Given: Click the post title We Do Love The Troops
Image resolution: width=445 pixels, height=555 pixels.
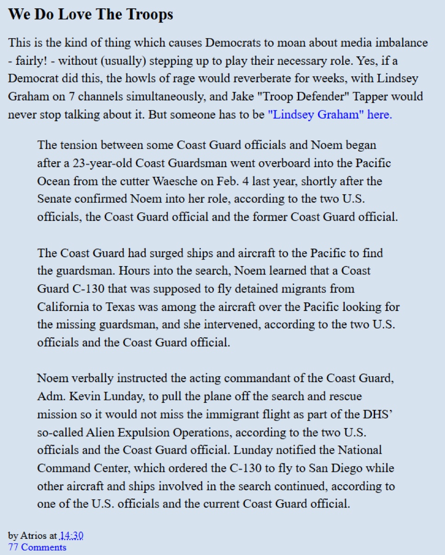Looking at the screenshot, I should pyautogui.click(x=91, y=15).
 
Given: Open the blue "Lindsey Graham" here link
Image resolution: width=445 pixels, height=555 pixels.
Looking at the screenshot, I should pyautogui.click(x=330, y=114).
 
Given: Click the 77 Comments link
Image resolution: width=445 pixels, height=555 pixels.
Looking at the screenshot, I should pyautogui.click(x=37, y=547).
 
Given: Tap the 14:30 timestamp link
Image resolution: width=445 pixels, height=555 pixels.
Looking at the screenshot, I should pyautogui.click(x=71, y=536).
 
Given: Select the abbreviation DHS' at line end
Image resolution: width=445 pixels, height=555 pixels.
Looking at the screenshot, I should pyautogui.click(x=377, y=414).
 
